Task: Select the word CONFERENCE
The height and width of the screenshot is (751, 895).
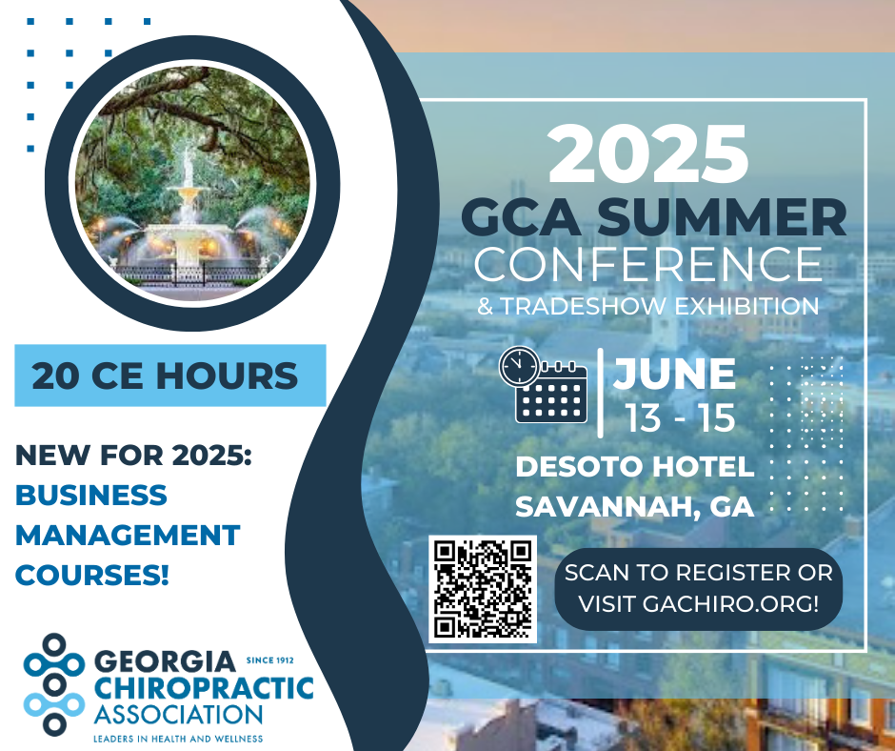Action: (647, 263)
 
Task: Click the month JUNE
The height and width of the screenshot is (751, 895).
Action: (675, 374)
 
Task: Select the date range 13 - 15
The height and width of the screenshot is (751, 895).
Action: (681, 417)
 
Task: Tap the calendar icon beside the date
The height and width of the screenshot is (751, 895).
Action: (551, 394)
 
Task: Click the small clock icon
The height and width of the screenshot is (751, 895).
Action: (520, 366)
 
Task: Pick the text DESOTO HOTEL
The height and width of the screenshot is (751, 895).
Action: (635, 466)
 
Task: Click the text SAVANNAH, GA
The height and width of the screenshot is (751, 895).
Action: (635, 506)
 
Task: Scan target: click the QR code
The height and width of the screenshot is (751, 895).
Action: (483, 589)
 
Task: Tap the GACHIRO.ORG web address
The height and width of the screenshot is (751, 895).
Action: (730, 604)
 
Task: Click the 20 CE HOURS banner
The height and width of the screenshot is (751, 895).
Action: (170, 375)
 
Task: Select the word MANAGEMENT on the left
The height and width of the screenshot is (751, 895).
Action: (128, 535)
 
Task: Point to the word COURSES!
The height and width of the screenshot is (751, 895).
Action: (92, 575)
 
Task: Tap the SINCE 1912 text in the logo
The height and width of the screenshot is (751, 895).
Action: (270, 660)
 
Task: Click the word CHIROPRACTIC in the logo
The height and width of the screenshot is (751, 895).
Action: (204, 688)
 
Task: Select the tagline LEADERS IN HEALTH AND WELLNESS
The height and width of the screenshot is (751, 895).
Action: (178, 739)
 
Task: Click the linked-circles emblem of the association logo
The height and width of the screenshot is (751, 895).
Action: (54, 684)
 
